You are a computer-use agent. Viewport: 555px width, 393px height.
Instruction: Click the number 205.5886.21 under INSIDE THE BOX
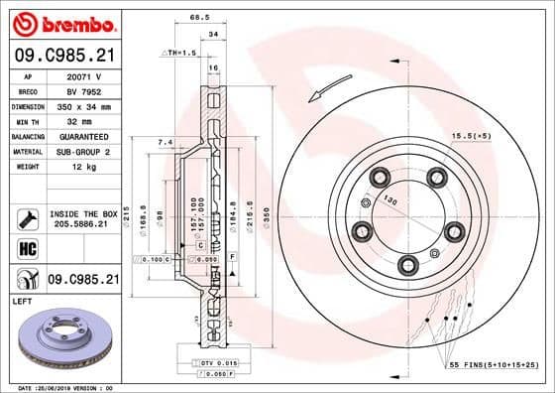pos(82,223)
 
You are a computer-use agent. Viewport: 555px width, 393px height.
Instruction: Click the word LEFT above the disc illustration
pos(22,300)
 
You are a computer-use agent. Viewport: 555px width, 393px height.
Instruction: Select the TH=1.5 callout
pos(181,53)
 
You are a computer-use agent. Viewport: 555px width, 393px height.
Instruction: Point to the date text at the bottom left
pos(61,387)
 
